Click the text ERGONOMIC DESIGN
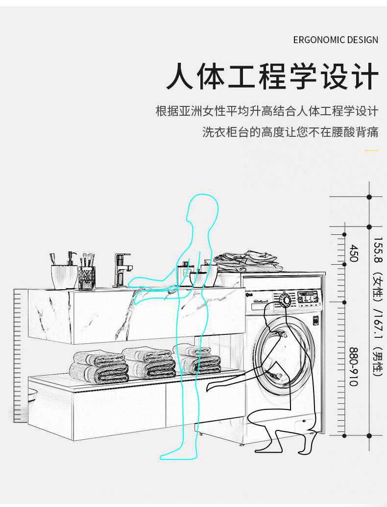pyautogui.click(x=336, y=40)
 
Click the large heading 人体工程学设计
pyautogui.click(x=272, y=77)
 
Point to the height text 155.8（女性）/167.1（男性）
pyautogui.click(x=377, y=306)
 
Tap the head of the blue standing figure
pyautogui.click(x=202, y=208)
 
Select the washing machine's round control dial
pyautogui.click(x=285, y=300)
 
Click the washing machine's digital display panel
pyautogui.click(x=309, y=296)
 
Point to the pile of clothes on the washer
pyautogui.click(x=247, y=262)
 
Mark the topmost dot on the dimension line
pyautogui.click(x=369, y=197)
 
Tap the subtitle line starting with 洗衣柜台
pyautogui.click(x=290, y=132)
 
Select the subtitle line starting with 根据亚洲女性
pyautogui.click(x=266, y=111)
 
